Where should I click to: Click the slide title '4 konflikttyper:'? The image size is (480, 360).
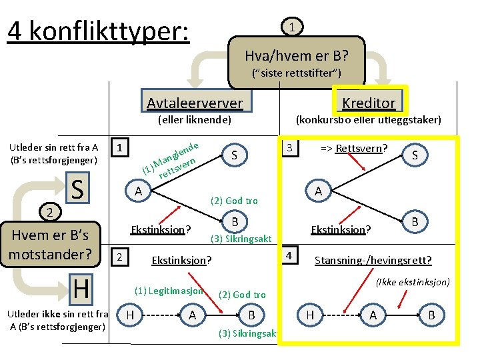(98, 30)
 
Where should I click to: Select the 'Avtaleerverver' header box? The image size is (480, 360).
(195, 102)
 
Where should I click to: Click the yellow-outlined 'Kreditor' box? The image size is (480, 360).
(369, 102)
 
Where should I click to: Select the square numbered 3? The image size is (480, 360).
(290, 147)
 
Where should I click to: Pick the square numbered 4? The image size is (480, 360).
(290, 255)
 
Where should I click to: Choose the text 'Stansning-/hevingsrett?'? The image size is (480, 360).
(373, 260)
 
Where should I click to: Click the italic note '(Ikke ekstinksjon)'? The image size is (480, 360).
(413, 282)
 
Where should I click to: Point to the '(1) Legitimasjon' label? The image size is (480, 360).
(169, 291)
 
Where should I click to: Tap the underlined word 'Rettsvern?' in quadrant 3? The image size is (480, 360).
(362, 147)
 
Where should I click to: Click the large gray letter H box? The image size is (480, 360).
(81, 289)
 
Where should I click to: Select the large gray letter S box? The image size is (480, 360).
(78, 189)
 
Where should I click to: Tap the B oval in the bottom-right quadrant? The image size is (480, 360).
(431, 315)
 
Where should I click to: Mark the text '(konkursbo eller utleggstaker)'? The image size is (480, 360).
(368, 120)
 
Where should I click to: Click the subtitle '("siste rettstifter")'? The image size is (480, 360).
(297, 73)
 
